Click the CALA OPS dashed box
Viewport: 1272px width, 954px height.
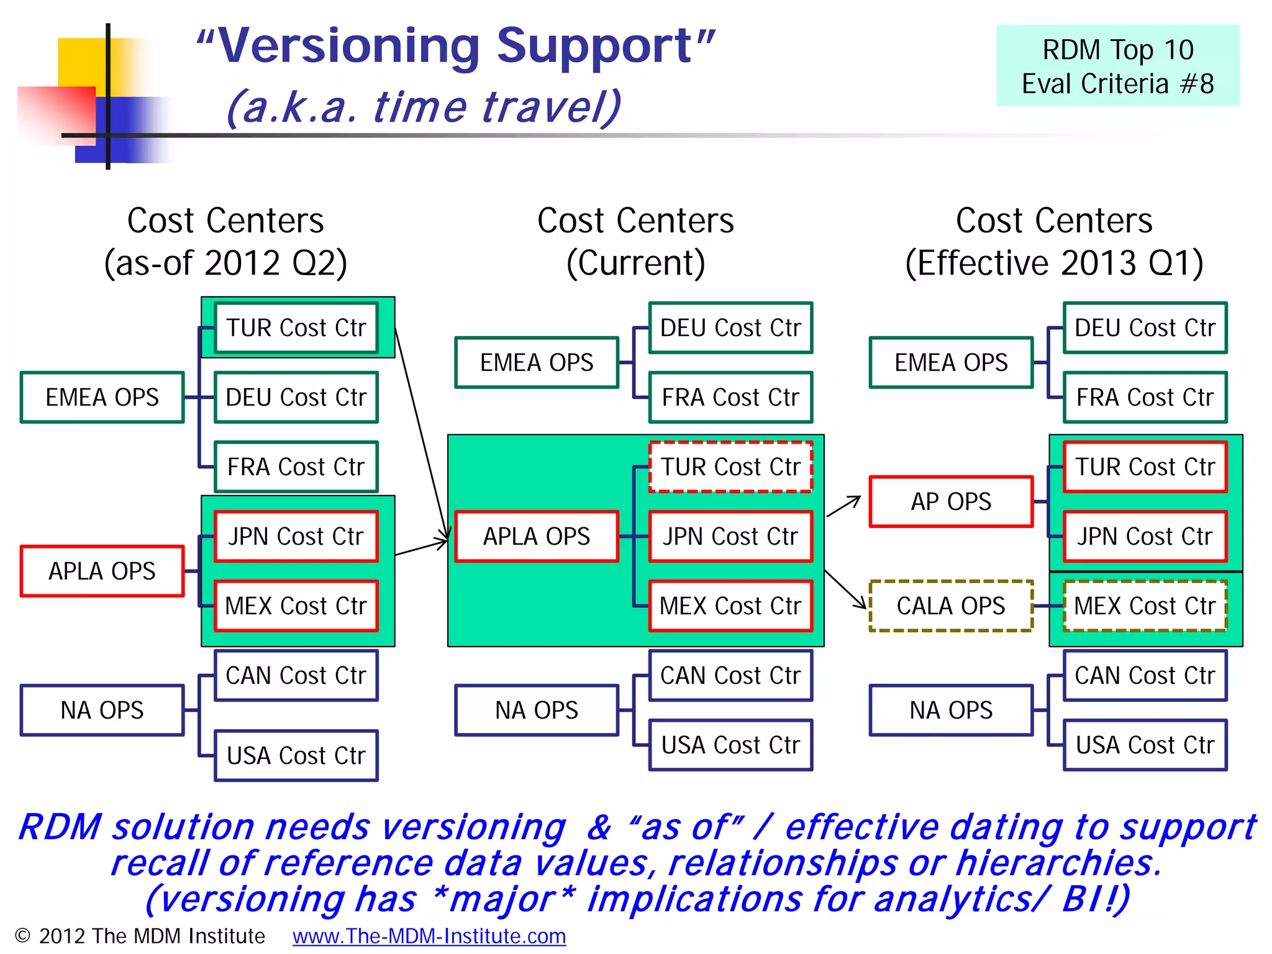point(950,606)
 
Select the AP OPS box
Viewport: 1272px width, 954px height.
point(950,501)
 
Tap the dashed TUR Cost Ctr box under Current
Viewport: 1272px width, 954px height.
point(730,466)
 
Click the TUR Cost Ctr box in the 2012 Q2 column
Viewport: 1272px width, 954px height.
point(296,328)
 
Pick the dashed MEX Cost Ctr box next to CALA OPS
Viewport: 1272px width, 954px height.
point(1144,606)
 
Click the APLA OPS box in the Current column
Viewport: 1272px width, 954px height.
point(537,536)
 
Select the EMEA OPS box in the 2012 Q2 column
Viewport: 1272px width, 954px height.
point(102,397)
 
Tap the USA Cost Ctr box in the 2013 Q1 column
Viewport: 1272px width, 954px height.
point(1144,745)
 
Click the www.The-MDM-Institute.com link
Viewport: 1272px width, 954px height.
point(429,936)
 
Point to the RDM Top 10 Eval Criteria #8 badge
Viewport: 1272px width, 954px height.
point(1117,66)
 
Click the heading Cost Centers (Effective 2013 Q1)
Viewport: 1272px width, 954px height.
point(1054,242)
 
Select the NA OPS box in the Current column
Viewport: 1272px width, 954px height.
point(537,710)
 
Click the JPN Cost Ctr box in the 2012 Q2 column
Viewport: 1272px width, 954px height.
point(296,536)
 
